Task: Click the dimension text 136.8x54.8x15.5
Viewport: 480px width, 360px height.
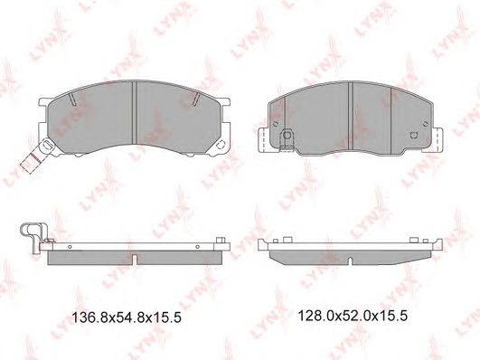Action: click(x=127, y=317)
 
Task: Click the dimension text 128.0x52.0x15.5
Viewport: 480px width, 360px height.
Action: click(x=353, y=316)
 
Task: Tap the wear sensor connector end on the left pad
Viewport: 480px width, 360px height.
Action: click(x=30, y=163)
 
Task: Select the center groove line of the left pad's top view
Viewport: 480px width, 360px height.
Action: click(x=134, y=113)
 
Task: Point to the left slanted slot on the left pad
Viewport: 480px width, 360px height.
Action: click(x=72, y=99)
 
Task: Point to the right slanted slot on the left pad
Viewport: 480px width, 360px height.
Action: click(x=196, y=99)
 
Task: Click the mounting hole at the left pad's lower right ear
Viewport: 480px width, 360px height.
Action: click(x=220, y=145)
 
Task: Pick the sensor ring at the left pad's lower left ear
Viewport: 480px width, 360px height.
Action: click(x=47, y=144)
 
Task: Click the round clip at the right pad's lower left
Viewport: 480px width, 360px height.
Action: click(x=287, y=135)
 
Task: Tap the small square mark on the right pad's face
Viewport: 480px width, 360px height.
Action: click(x=414, y=135)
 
